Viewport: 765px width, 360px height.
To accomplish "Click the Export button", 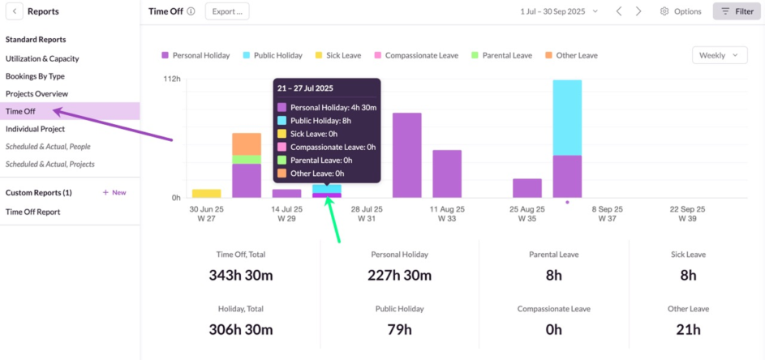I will [227, 11].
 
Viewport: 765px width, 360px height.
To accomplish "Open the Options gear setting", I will [681, 11].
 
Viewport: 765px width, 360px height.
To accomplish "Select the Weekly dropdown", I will [720, 55].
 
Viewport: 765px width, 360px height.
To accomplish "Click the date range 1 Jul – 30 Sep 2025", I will [559, 11].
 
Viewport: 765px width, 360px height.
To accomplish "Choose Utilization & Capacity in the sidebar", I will [42, 58].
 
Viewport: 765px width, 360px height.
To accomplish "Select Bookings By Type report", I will [35, 76].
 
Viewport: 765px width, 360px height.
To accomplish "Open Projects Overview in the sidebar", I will [37, 94].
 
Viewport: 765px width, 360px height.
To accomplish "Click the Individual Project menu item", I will [35, 129].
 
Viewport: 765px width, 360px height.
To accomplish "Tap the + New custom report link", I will [114, 193].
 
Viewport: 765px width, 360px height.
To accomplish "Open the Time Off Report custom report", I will [33, 212].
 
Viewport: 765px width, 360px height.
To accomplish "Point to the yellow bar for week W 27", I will [207, 193].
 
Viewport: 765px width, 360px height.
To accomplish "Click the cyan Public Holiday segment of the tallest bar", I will [567, 118].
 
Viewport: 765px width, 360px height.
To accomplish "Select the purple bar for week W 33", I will [447, 174].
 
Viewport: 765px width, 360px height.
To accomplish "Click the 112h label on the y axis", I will [171, 79].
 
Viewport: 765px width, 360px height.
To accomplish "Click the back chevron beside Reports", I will [16, 11].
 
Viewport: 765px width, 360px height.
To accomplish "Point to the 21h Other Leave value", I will [688, 329].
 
